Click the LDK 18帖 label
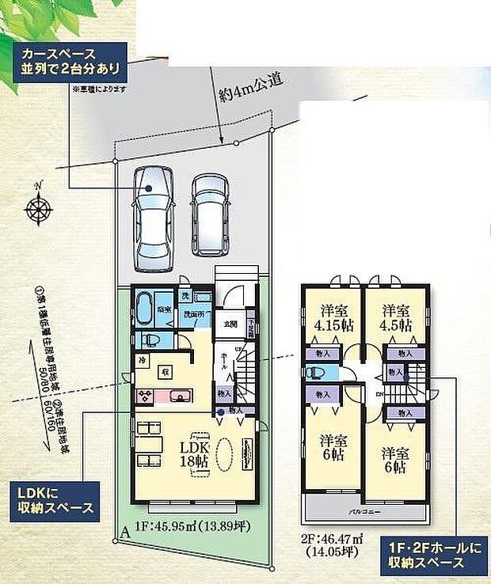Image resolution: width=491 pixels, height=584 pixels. [x=194, y=453]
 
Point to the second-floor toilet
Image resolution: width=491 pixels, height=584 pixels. [x=315, y=373]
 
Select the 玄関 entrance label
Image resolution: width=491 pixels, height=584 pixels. [x=230, y=322]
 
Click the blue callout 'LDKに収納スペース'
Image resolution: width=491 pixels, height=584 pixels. [x=53, y=501]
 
